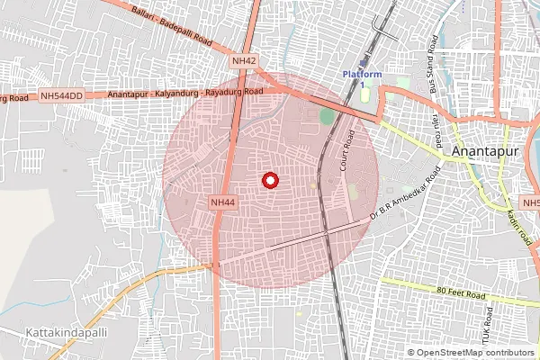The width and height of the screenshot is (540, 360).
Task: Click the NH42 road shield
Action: [x=244, y=60]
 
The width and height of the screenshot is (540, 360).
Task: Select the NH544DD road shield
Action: [x=61, y=94]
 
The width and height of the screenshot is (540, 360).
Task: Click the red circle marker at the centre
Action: [x=269, y=181]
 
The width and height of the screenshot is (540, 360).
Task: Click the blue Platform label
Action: [x=362, y=74]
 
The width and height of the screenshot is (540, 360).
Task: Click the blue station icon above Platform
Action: [x=364, y=61]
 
